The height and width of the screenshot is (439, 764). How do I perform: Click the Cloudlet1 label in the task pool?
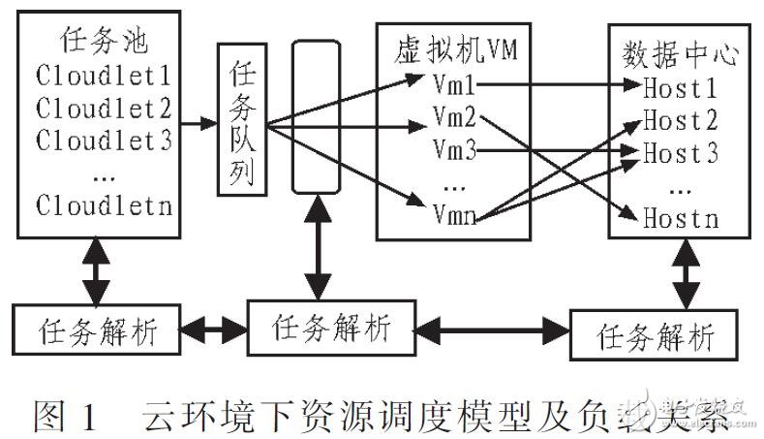tap(104, 75)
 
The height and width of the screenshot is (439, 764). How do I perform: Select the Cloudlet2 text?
tap(104, 107)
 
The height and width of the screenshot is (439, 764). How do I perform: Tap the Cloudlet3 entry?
tap(104, 140)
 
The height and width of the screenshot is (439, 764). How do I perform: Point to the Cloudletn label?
tap(104, 204)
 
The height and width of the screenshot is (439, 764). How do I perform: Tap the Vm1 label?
tap(453, 88)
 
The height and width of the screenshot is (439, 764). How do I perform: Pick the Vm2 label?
tap(453, 120)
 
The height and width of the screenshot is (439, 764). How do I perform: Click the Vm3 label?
tap(453, 152)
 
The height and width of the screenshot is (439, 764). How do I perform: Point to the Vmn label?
tap(453, 215)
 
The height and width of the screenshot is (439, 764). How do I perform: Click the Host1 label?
tap(681, 88)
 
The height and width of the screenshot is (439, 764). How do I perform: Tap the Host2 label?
tap(681, 120)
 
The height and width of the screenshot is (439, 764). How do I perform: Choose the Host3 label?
tap(681, 152)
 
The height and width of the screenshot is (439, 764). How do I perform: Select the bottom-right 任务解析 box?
tap(656, 336)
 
